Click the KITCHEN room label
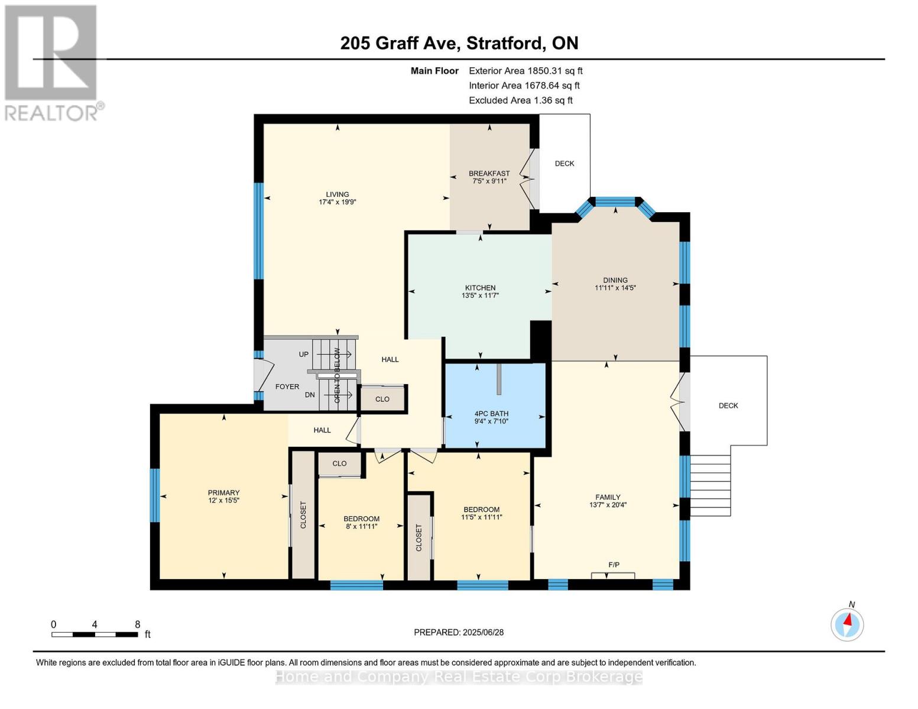[480, 288]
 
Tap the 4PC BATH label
[491, 414]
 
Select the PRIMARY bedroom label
[223, 492]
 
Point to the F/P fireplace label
[614, 565]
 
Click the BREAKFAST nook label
[489, 173]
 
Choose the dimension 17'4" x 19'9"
[337, 202]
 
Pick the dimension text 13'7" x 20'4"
[608, 505]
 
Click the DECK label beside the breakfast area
[565, 164]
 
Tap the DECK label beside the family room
[728, 405]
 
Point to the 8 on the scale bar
[137, 624]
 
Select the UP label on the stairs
[303, 354]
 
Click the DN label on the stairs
[310, 395]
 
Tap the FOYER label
[287, 386]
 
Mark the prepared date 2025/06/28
[483, 632]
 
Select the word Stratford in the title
[506, 43]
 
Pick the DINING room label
[615, 280]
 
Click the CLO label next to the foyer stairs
[382, 399]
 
